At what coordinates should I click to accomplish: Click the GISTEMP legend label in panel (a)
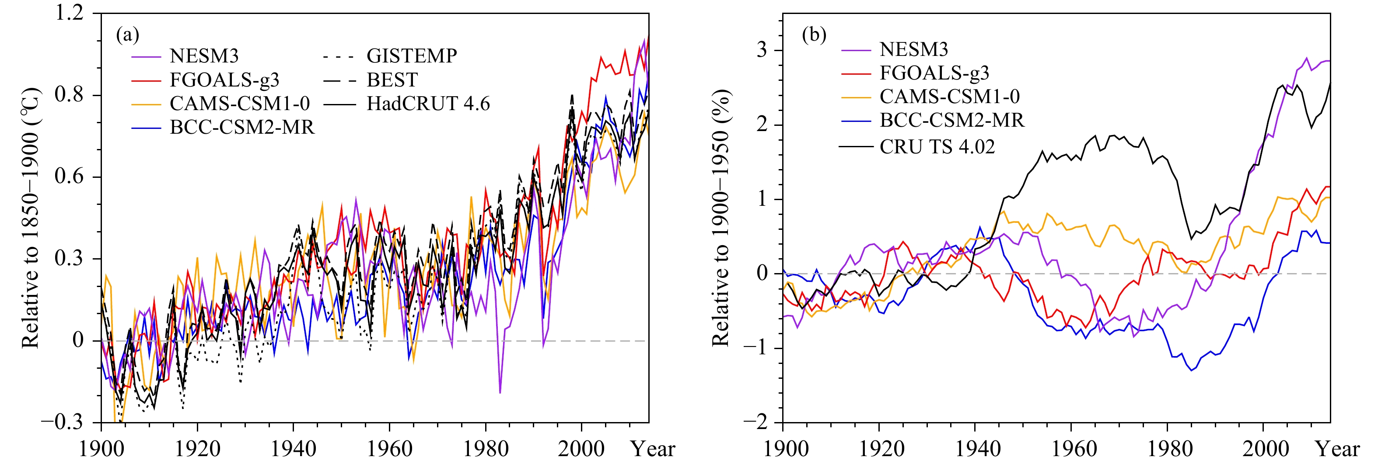tap(411, 55)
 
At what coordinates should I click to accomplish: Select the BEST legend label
tap(392, 80)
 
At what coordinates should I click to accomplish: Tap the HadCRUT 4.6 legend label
tap(428, 103)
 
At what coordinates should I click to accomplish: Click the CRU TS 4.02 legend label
tap(937, 146)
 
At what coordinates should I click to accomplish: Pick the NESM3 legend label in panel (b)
tap(914, 49)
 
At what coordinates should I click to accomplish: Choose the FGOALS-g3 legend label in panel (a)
tap(225, 80)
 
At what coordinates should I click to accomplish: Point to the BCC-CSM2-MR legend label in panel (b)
tap(951, 120)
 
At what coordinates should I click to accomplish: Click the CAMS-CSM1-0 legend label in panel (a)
tap(240, 103)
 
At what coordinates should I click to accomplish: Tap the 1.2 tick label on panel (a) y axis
tap(70, 13)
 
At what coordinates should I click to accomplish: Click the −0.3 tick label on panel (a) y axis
tap(63, 422)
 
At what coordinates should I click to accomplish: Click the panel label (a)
tap(127, 35)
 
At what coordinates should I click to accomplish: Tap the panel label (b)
tap(814, 35)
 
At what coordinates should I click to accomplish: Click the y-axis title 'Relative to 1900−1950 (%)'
tap(720, 218)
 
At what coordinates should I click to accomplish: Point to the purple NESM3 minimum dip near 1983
tap(500, 393)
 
